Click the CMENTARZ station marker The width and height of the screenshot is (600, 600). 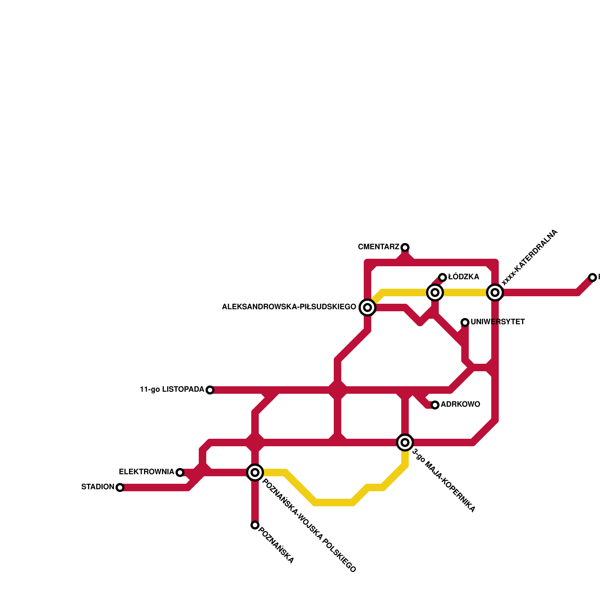coord(405,247)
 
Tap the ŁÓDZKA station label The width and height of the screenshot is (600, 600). coord(463,277)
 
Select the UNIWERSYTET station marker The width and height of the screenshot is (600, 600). coord(465,322)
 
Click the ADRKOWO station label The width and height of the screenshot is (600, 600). coord(460,405)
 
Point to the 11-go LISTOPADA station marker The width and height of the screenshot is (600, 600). coord(210,390)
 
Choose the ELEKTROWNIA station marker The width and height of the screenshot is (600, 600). coord(180,472)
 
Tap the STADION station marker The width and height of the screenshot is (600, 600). coord(120,487)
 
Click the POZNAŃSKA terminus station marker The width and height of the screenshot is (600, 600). coord(255,525)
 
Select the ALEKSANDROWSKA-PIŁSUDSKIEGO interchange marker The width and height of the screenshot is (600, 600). coord(367,307)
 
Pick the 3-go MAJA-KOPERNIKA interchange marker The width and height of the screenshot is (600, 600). coord(405,442)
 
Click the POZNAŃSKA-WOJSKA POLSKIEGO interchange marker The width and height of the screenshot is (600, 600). coord(255,472)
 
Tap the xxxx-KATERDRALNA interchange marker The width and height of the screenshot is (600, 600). coord(495,292)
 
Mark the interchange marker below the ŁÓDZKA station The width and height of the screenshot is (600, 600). coord(435,292)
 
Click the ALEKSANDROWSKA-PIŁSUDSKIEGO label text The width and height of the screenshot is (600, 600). coord(289,307)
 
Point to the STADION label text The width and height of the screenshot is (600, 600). coord(97,487)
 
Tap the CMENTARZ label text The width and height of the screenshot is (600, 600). coord(378,247)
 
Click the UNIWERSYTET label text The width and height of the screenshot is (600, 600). coord(498,322)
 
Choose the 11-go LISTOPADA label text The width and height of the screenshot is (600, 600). coord(172,390)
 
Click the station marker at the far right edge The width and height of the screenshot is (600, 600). coord(592,277)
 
